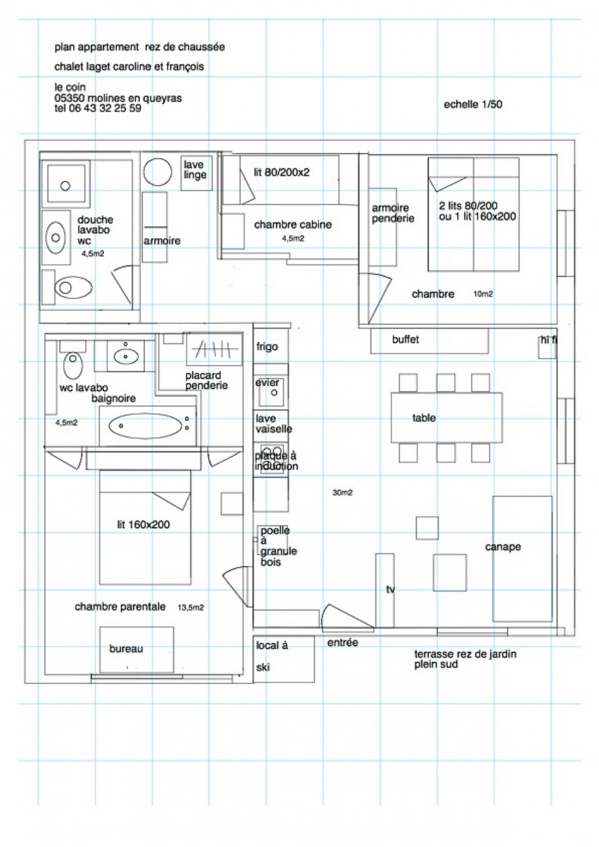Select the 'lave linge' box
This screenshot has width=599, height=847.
195,169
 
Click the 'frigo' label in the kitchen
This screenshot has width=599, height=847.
268,347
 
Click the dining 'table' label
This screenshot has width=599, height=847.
424,418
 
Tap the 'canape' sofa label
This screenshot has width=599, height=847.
503,547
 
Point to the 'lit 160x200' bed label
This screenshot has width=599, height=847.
143,524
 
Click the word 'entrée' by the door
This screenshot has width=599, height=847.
343,642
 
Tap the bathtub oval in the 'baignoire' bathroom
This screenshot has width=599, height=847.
145,426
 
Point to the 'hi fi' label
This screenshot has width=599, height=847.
548,340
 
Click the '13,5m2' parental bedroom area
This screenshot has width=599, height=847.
189,606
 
